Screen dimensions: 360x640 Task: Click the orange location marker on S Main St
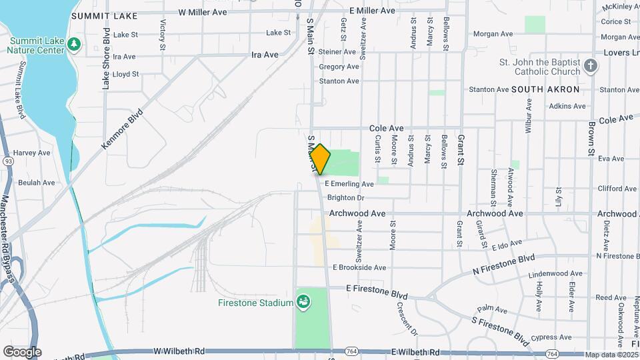tap(320, 159)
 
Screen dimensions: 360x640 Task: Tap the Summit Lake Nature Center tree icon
tap(75, 45)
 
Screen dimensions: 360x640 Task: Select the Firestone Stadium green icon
tap(303, 303)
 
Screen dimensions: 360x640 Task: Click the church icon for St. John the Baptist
tap(590, 65)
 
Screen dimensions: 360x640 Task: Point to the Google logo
tap(22, 351)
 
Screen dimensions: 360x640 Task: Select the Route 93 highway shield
tap(8, 161)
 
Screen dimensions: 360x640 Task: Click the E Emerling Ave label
tap(349, 184)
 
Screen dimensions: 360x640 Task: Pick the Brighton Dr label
tap(346, 198)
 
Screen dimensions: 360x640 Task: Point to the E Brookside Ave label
tap(359, 267)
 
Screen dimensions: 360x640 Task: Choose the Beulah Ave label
tap(37, 183)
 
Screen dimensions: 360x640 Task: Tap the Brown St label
tap(591, 139)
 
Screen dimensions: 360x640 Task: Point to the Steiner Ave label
tap(339, 52)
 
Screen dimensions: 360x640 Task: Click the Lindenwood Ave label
tap(555, 274)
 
